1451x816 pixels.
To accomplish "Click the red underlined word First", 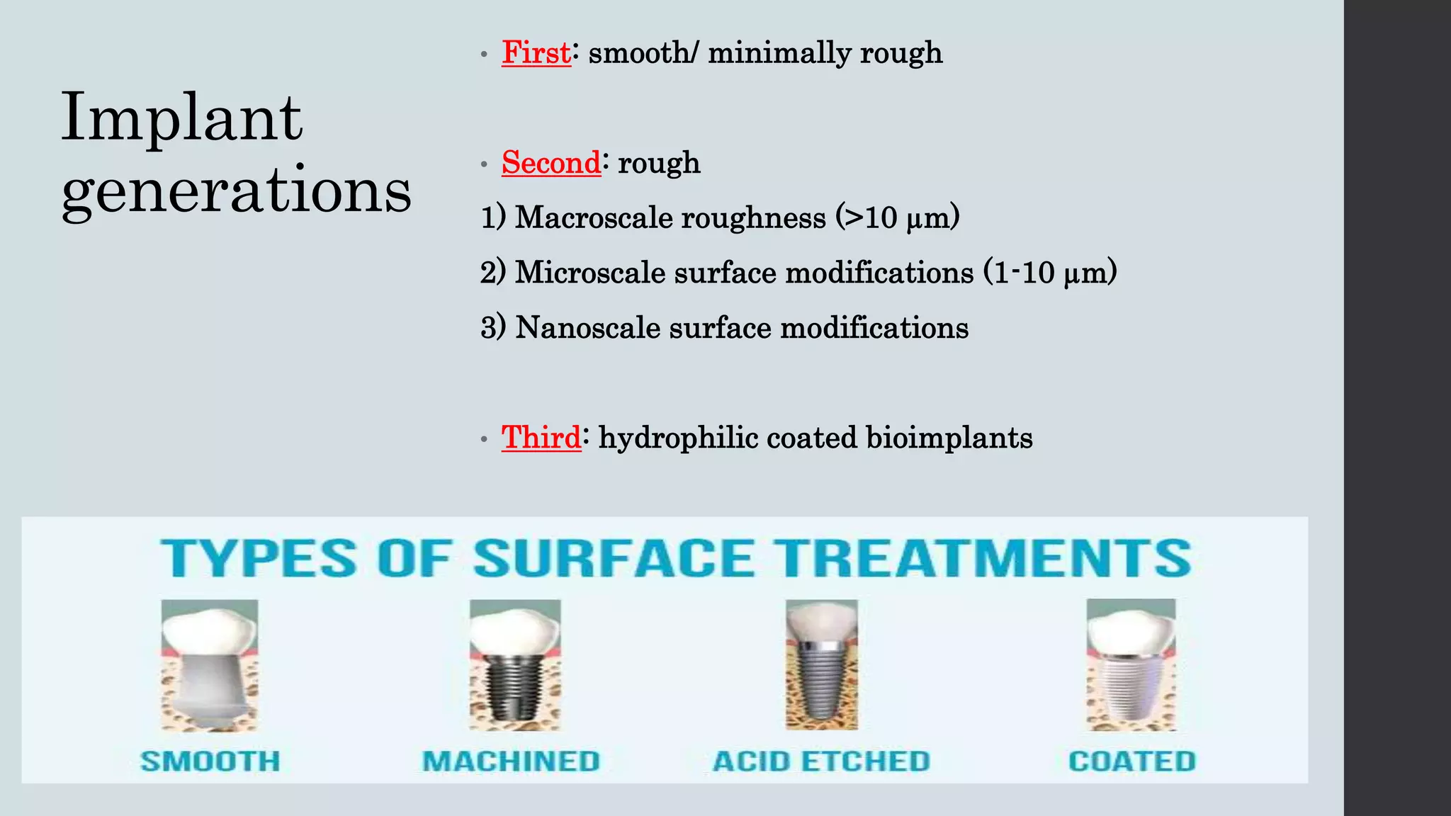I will click(536, 53).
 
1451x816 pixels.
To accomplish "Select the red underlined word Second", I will click(551, 163).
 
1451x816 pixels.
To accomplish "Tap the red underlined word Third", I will click(541, 438).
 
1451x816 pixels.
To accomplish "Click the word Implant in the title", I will click(182, 118).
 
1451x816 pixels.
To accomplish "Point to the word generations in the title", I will click(237, 191).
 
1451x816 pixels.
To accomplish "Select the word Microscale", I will click(589, 273).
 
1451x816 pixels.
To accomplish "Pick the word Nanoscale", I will click(587, 328).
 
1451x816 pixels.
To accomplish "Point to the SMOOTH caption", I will click(210, 761).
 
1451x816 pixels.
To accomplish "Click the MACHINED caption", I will click(511, 761).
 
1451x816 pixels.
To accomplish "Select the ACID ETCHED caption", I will click(821, 761).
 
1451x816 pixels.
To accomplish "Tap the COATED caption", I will click(1131, 761).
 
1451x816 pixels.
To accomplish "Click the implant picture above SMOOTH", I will click(210, 665).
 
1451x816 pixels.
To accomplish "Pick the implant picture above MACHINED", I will click(515, 665).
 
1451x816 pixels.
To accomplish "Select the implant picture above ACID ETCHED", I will click(822, 665).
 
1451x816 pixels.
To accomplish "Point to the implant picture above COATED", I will click(1131, 665).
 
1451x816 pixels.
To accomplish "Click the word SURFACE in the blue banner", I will click(614, 559).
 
